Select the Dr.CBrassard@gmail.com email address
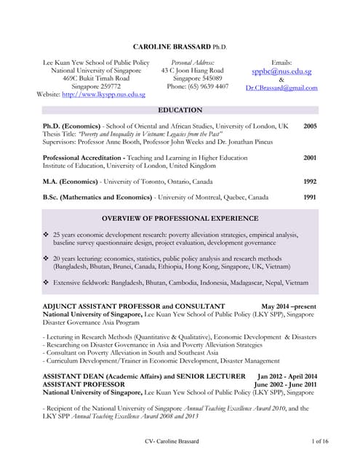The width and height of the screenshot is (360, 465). tap(281, 88)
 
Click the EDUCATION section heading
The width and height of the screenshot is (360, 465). tap(180, 110)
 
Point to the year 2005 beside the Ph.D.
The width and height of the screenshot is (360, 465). tap(310, 126)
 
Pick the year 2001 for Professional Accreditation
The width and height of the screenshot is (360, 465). tap(310, 157)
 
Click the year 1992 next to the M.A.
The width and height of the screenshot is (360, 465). tap(310, 181)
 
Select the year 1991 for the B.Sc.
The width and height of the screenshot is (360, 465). tap(310, 197)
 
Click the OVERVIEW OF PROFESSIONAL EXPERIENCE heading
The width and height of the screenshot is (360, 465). tap(180, 219)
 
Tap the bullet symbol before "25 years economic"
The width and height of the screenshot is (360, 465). tap(47, 235)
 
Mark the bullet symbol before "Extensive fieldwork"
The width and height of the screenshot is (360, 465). tap(47, 282)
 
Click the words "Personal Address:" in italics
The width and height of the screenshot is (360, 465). tap(192, 63)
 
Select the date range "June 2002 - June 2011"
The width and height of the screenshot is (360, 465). tap(285, 384)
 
